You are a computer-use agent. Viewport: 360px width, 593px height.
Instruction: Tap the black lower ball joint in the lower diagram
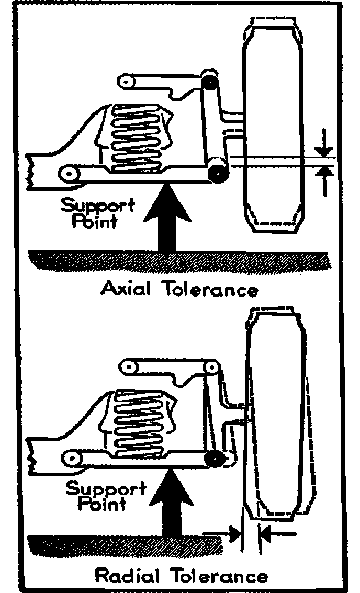pyautogui.click(x=213, y=459)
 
